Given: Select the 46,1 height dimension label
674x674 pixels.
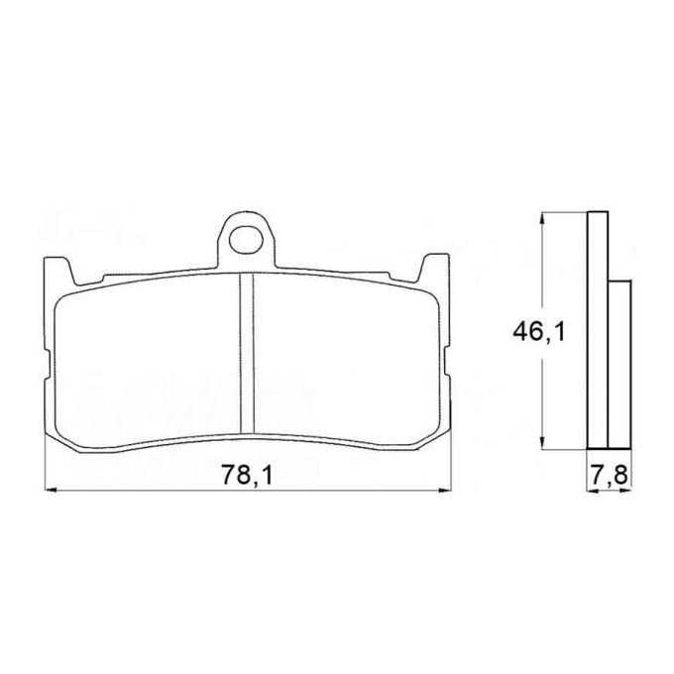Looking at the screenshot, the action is click(x=538, y=332).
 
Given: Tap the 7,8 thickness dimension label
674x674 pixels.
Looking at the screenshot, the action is click(x=610, y=476).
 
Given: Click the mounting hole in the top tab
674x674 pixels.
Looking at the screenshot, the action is click(x=246, y=240).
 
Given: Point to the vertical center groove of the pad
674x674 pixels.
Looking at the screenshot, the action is click(x=247, y=354).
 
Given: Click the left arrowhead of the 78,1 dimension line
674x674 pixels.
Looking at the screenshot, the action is click(x=51, y=490).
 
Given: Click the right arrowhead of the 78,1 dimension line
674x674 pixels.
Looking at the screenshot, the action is click(x=444, y=490).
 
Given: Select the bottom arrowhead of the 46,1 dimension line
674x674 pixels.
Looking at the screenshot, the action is click(x=543, y=443).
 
